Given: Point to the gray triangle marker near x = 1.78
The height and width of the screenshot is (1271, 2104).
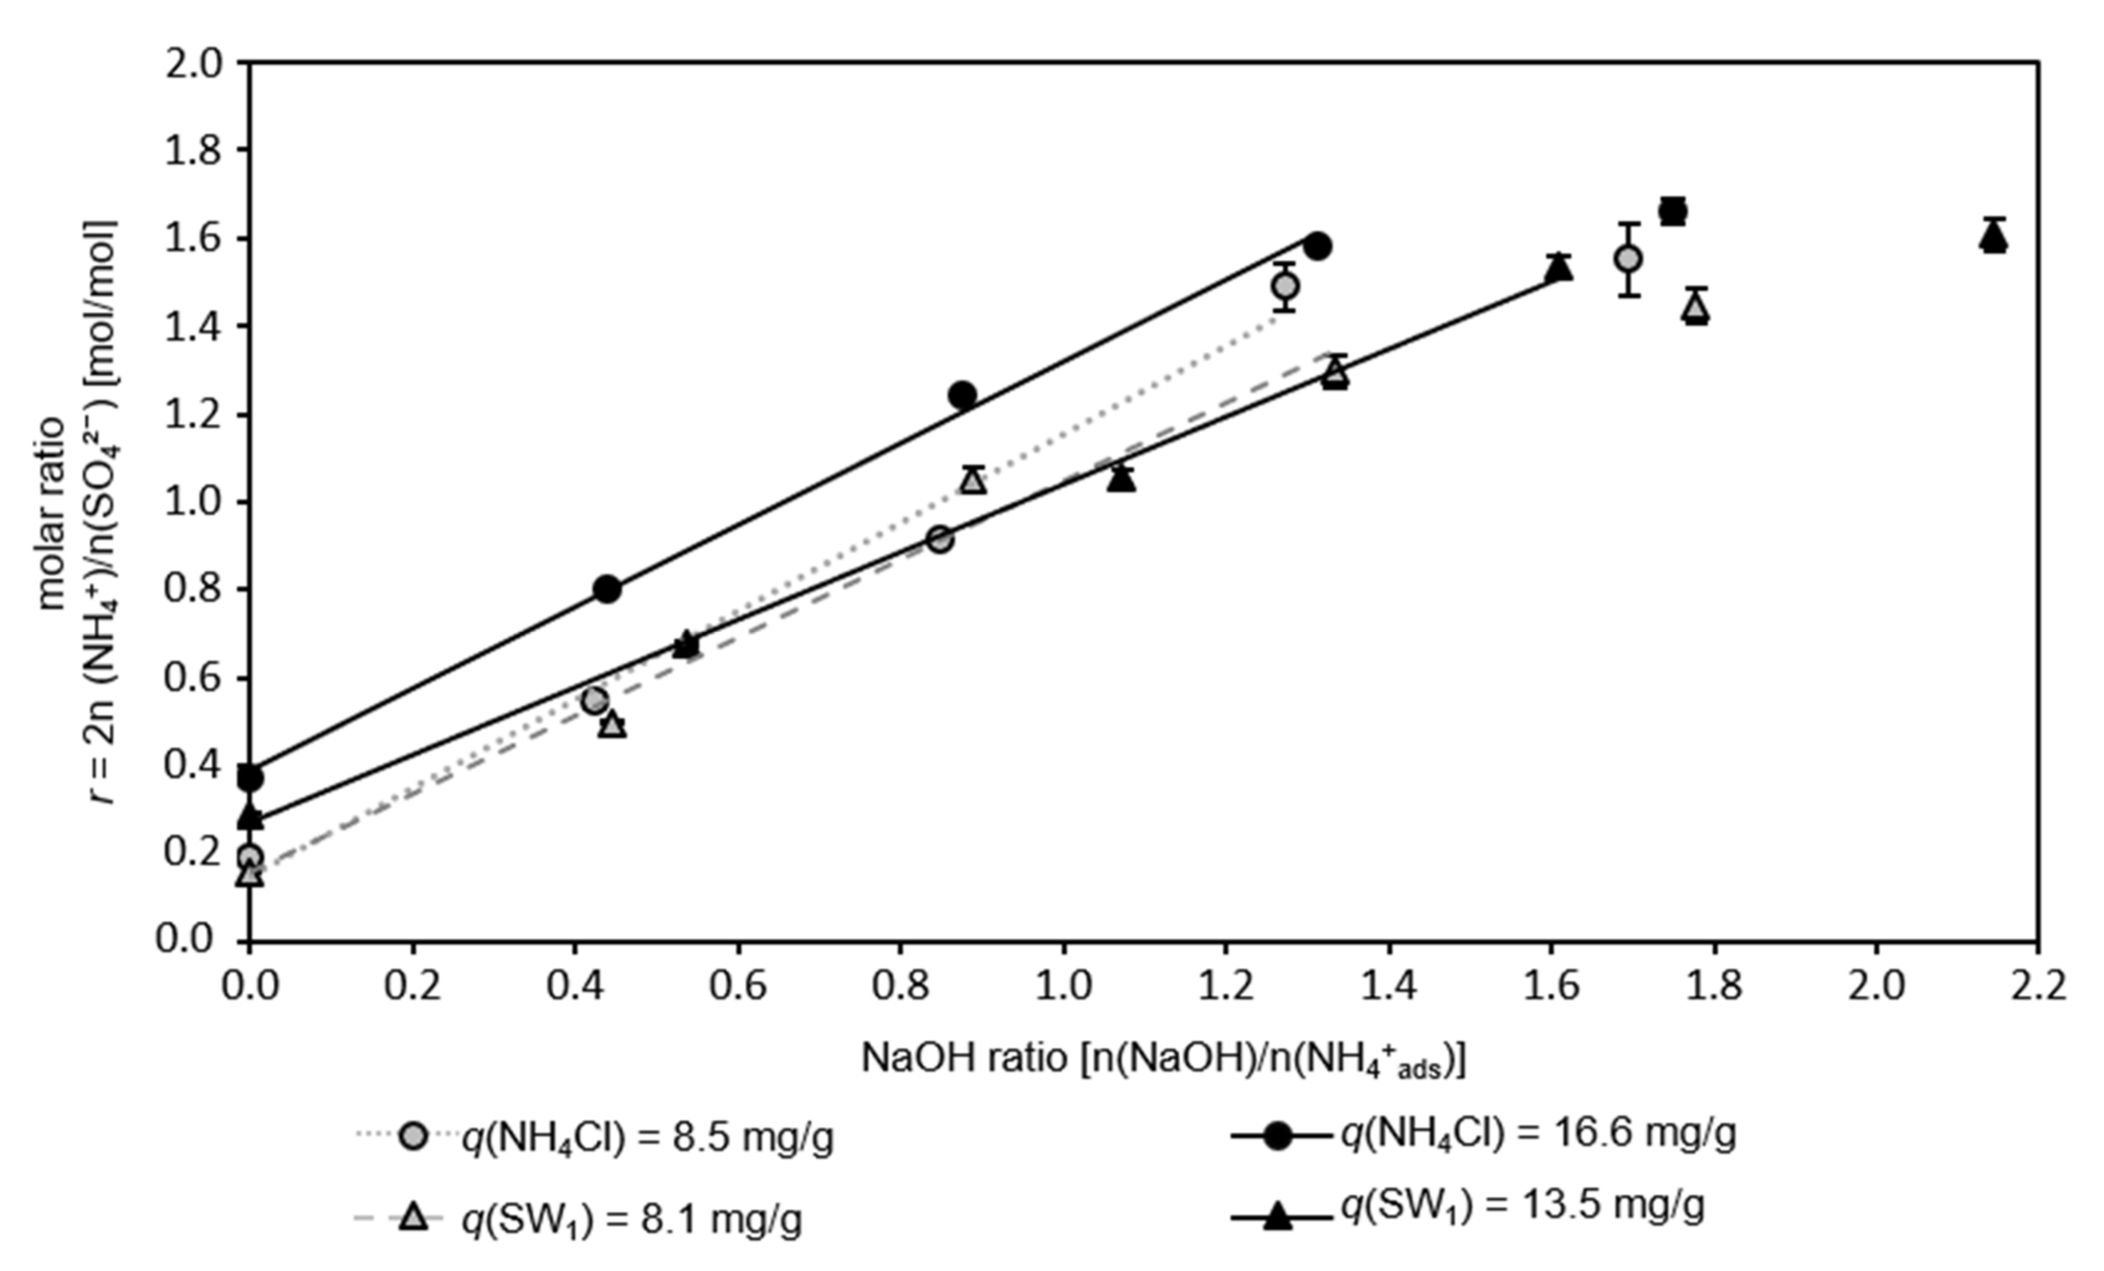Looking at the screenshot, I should point(1696,309).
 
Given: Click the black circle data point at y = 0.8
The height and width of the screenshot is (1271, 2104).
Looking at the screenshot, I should point(607,590).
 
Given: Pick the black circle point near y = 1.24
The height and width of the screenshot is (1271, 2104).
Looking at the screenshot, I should point(963,394).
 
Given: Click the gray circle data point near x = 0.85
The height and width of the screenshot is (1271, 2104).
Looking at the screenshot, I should point(939,540).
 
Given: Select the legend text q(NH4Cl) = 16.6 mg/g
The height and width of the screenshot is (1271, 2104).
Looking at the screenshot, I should point(1537,1134).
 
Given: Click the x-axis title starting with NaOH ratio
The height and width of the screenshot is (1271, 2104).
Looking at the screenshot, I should point(1163,1059).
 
